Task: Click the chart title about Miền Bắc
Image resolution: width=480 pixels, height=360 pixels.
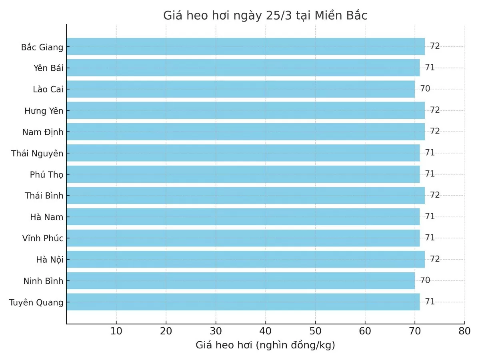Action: point(265,16)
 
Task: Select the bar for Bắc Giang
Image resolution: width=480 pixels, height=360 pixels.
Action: point(246,46)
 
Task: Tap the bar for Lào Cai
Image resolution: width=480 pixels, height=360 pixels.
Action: point(241,89)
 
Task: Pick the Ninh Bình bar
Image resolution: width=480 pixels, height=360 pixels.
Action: point(241,280)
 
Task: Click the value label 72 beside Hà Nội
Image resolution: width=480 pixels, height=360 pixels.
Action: point(435,259)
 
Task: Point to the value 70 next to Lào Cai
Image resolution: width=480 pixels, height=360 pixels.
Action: point(425,89)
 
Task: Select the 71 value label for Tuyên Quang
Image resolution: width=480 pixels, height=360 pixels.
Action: point(430,302)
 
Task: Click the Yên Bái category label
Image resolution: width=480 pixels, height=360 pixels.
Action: point(48,68)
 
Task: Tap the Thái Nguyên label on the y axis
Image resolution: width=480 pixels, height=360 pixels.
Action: point(37,153)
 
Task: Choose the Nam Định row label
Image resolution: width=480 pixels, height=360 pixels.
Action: point(43,132)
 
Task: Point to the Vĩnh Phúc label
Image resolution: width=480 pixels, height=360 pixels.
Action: point(43,238)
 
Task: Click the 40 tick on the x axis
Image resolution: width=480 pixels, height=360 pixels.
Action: point(266,331)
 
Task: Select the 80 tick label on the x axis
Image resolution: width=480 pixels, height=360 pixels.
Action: point(464,331)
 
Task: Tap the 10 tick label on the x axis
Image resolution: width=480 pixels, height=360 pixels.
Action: point(116,331)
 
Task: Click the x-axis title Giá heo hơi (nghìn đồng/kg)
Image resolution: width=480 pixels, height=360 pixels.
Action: point(265,345)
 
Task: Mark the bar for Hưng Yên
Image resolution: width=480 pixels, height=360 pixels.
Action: point(246,110)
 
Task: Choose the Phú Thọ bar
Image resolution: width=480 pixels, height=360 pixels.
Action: point(243,174)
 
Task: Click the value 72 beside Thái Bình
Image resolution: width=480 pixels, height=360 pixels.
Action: point(435,195)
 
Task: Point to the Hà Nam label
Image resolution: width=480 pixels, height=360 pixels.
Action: point(46,217)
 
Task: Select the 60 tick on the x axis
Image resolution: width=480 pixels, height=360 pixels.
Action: point(365,331)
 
